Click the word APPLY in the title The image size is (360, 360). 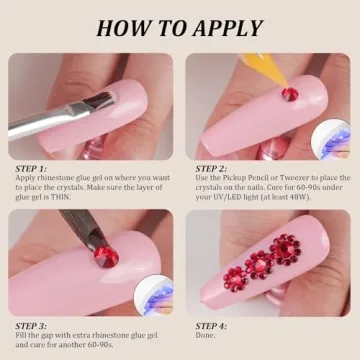pyautogui.click(x=228, y=28)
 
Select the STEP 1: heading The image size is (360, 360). pyautogui.click(x=31, y=169)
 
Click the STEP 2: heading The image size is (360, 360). pyautogui.click(x=211, y=169)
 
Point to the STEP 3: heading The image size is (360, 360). pyautogui.click(x=31, y=326)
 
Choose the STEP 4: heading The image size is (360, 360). pyautogui.click(x=211, y=326)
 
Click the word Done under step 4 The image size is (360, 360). pyautogui.click(x=205, y=335)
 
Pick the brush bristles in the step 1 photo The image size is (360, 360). pyautogui.click(x=102, y=101)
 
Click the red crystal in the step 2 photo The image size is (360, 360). pyautogui.click(x=290, y=94)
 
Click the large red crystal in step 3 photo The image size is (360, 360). pyautogui.click(x=106, y=257)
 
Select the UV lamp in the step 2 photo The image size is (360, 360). pyautogui.click(x=331, y=140)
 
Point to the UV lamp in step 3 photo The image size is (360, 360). pyautogui.click(x=154, y=295)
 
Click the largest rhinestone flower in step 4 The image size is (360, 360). pyautogui.click(x=286, y=250)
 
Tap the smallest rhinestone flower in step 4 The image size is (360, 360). pyautogui.click(x=236, y=279)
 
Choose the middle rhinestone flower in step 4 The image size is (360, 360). pyautogui.click(x=260, y=264)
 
